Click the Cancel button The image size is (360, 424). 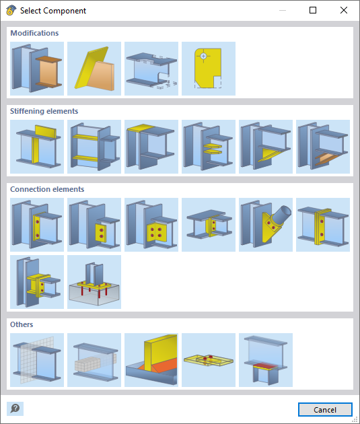click(325, 409)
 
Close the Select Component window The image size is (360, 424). click(343, 11)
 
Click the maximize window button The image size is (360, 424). click(312, 11)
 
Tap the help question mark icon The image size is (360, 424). click(15, 409)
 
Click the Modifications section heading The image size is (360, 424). click(34, 33)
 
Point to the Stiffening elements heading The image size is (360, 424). click(44, 111)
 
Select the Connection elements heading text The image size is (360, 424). click(47, 189)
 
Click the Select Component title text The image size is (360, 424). click(53, 11)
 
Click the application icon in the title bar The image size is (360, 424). click(10, 11)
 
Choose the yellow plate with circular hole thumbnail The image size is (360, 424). click(209, 69)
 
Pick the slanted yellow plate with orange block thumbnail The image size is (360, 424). click(94, 69)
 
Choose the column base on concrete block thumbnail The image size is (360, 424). click(94, 281)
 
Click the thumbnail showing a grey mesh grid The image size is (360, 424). click(37, 359)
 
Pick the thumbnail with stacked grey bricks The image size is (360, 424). click(94, 359)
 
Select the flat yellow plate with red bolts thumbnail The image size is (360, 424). click(209, 359)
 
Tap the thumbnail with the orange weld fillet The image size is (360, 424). click(151, 359)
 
